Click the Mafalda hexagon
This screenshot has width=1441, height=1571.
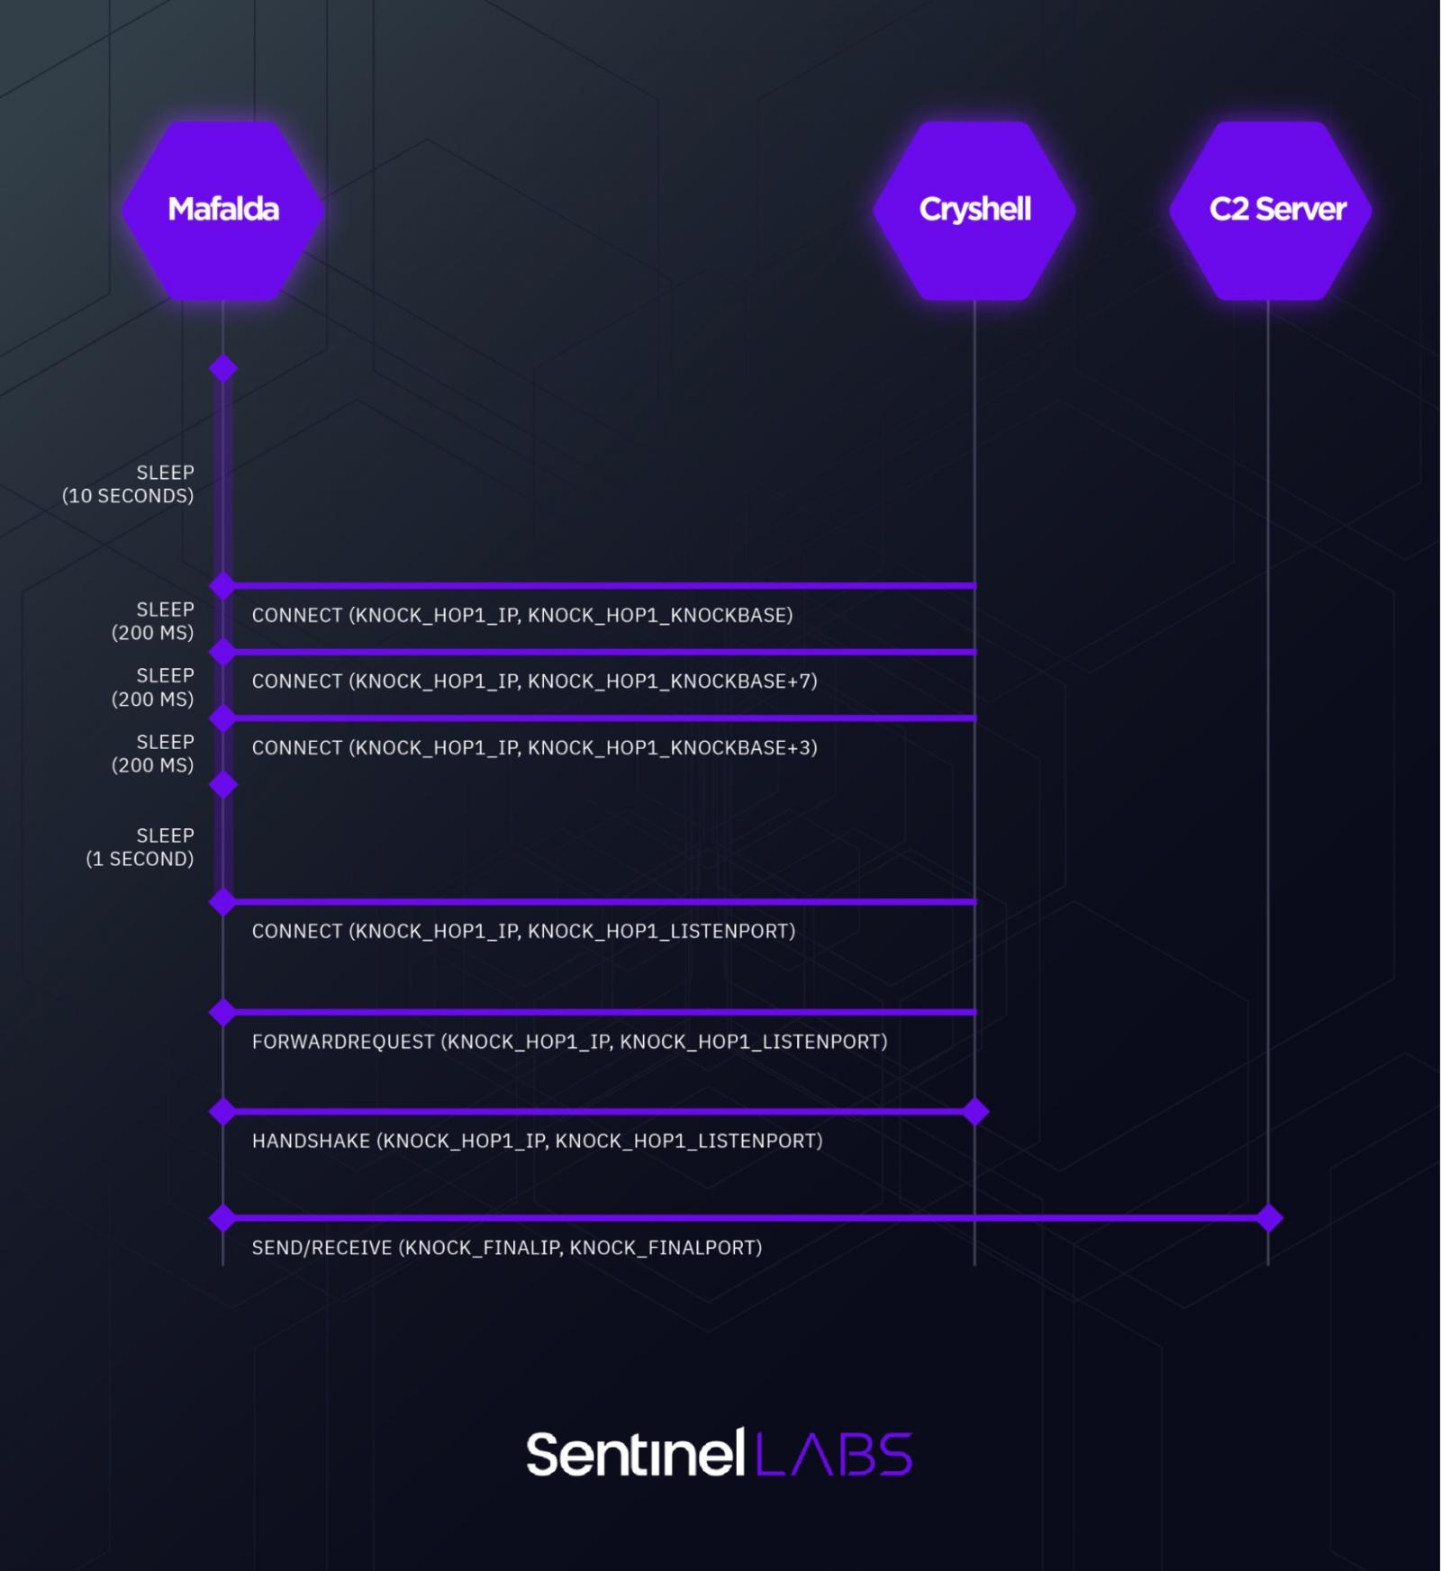223,210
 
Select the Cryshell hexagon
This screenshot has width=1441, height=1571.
974,210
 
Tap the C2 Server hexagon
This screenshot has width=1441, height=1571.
1270,210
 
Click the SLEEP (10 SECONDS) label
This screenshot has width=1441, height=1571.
128,484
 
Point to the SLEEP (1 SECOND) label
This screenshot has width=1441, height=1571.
140,847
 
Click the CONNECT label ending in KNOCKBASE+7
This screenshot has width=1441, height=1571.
534,682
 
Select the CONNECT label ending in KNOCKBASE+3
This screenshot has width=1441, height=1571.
534,748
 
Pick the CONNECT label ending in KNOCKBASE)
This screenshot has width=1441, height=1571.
522,616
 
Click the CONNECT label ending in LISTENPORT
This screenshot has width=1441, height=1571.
523,932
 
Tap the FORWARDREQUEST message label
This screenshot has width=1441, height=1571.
569,1043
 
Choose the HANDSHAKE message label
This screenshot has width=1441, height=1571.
537,1142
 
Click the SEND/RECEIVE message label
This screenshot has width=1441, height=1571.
506,1249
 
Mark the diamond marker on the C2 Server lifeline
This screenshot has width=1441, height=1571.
1268,1218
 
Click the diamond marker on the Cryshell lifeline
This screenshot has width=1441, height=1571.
974,1112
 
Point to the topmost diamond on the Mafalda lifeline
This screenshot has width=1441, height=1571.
223,368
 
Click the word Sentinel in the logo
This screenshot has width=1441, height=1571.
635,1454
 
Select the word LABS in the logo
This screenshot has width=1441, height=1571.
833,1454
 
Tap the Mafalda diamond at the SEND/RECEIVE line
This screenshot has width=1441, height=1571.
223,1218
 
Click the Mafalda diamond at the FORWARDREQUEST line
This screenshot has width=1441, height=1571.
223,1012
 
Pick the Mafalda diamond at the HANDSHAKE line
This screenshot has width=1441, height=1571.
223,1112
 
